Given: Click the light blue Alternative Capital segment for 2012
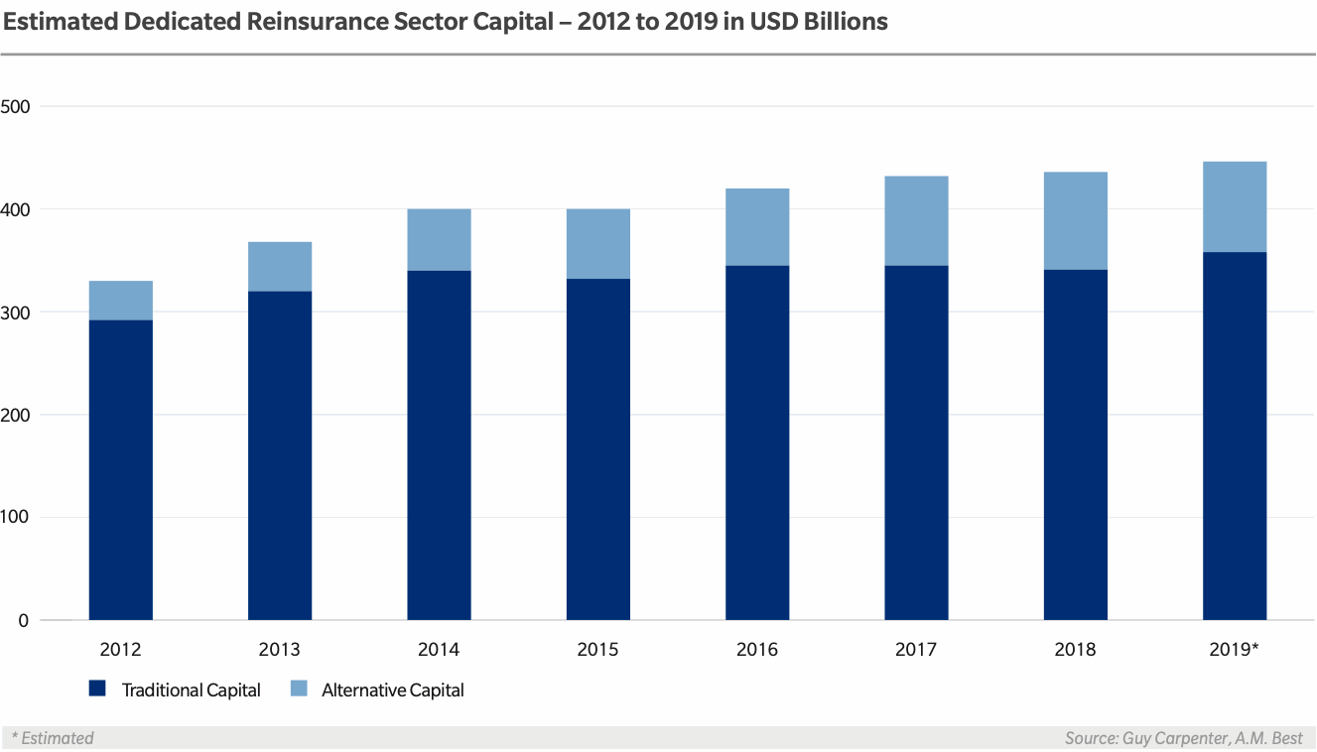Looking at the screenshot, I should (121, 301).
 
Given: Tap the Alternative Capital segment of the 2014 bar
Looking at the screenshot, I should (439, 239).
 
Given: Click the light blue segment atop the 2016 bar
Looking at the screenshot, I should (757, 227).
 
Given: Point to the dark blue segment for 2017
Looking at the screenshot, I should (916, 442).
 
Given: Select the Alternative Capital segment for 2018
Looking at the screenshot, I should (1076, 220).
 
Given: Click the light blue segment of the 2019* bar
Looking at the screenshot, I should (1235, 206).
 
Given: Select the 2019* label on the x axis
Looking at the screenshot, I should (1235, 650).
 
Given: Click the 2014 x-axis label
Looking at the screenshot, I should (439, 650).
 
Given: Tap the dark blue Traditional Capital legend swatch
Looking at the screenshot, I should (97, 689).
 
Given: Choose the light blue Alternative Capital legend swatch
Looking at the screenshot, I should (297, 689).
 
